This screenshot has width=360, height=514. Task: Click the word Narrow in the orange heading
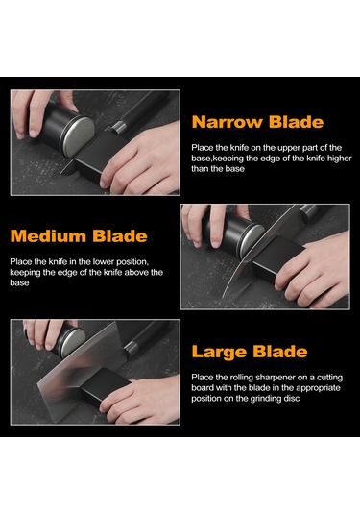[227, 122]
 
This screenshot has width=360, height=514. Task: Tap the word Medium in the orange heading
[47, 236]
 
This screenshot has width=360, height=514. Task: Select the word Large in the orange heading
[219, 352]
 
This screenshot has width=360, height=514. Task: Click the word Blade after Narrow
[296, 122]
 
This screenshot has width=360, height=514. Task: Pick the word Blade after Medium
[120, 236]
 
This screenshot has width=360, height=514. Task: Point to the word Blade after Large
[280, 351]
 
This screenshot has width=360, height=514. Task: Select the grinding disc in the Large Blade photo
[73, 342]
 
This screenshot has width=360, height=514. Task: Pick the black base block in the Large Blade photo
[105, 387]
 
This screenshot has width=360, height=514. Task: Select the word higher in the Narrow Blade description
[340, 159]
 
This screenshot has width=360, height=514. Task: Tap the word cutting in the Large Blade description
[329, 378]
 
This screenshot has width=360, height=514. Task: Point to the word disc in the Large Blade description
[291, 399]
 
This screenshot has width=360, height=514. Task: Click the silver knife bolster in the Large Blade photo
[130, 348]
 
